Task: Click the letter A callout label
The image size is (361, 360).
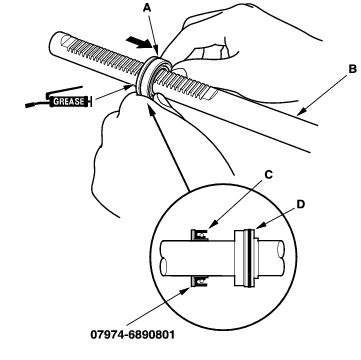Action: point(147,8)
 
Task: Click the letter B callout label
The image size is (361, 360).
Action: point(352,69)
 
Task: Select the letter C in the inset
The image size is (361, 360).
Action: point(268,174)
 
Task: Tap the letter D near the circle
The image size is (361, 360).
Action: point(301,204)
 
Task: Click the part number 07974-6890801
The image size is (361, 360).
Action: point(132,334)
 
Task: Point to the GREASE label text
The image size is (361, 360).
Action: point(69,101)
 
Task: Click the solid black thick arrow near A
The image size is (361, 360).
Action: point(139,43)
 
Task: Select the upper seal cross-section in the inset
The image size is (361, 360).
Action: point(199,235)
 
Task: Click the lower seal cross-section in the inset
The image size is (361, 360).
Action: point(199,281)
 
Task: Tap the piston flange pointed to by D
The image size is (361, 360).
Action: point(247,258)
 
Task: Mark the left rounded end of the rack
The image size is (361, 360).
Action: point(53,41)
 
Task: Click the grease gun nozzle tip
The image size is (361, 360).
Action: point(27,106)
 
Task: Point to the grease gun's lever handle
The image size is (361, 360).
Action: point(64,90)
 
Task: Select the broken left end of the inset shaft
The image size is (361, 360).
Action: point(163,258)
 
